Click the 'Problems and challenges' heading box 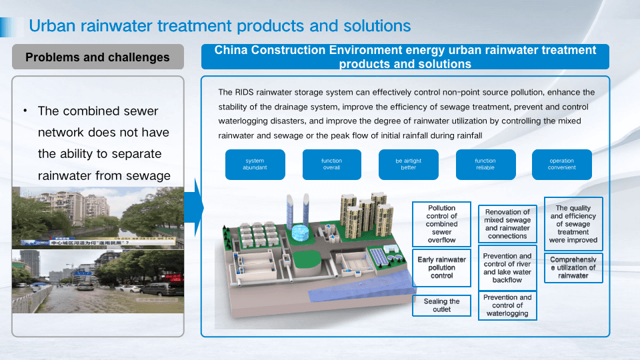click(97, 57)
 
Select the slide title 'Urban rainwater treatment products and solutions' click(220, 26)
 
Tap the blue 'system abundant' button click(255, 165)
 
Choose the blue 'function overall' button click(331, 165)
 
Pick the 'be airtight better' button click(408, 165)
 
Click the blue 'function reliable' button click(485, 165)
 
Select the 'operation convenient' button click(561, 165)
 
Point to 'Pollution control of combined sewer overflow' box click(441, 224)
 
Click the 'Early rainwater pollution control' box click(441, 267)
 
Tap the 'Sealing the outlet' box click(441, 305)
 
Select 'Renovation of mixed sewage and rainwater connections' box click(507, 224)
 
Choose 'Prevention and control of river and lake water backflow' click(507, 268)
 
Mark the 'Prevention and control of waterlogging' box click(507, 306)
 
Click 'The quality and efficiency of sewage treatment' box click(573, 224)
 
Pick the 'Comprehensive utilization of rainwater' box click(573, 267)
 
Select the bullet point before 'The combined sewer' click(25, 111)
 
